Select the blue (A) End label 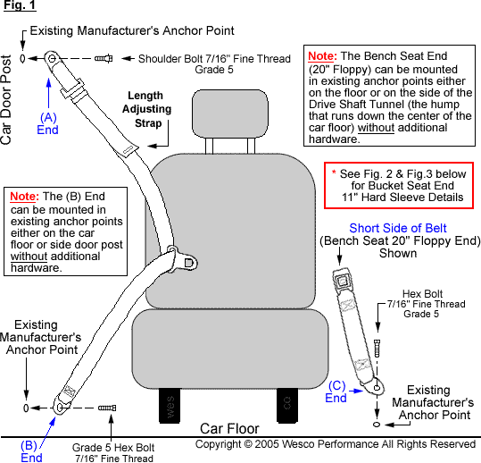(48, 122)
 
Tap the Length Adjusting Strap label (145, 108)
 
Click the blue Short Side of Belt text (398, 228)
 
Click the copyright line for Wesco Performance (336, 444)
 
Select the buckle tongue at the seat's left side (187, 262)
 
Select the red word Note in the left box (23, 196)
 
